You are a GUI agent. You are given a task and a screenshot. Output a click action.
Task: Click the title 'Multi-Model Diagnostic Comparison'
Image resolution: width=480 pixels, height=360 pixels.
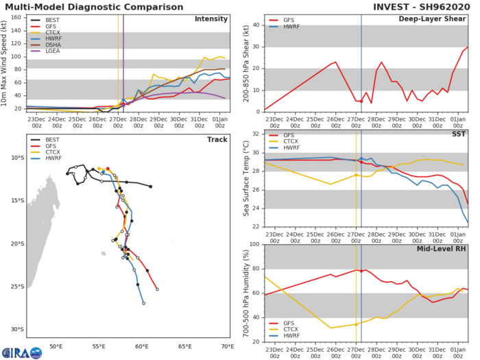tap(83, 6)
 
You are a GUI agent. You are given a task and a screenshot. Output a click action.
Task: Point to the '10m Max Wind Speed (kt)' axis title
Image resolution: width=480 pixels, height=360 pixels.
tap(6, 62)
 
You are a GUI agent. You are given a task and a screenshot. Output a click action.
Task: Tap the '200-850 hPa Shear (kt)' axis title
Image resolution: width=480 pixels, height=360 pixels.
tap(245, 62)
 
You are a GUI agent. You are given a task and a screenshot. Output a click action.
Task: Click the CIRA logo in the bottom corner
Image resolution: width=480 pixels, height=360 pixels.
tap(20, 352)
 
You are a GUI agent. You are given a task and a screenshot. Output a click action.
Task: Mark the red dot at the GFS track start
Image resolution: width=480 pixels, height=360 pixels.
tap(108, 169)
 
